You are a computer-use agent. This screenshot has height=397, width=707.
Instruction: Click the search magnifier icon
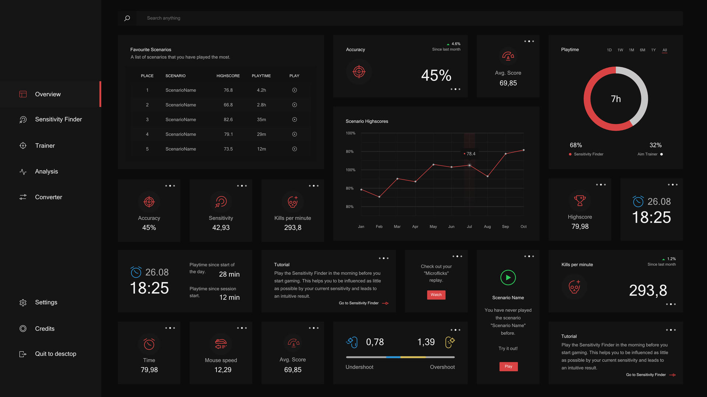coord(127,18)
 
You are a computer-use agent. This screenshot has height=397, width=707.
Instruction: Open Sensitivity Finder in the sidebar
coord(58,119)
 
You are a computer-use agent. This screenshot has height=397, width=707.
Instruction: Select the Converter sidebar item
coord(48,197)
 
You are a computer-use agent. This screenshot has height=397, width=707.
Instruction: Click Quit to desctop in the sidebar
coord(55,354)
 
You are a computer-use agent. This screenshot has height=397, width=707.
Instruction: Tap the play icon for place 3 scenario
coord(295,119)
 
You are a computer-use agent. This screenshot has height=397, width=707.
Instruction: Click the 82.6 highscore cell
coord(228,119)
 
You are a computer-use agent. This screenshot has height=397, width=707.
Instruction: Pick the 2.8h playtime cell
coord(261,105)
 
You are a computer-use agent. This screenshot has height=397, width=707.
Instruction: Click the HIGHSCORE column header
coord(228,76)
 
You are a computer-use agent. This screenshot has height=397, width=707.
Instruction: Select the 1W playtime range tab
coord(620,50)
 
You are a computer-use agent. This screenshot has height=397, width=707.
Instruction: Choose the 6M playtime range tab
coord(642,50)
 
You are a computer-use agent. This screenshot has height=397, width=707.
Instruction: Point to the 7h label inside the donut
coord(616,99)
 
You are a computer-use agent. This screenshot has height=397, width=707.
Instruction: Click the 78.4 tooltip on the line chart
coord(469,154)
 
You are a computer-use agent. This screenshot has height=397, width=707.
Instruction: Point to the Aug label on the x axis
coord(487,227)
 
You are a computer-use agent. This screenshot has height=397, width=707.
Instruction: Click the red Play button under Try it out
coord(508,366)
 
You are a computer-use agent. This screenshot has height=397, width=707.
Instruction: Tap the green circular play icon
coord(508,278)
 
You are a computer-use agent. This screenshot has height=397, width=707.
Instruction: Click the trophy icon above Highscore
coord(580,201)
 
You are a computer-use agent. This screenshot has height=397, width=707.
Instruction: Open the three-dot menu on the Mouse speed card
coord(242,328)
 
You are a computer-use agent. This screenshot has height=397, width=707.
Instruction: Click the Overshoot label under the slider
coord(442,367)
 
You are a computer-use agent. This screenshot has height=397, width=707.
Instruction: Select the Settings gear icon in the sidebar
coord(23,303)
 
